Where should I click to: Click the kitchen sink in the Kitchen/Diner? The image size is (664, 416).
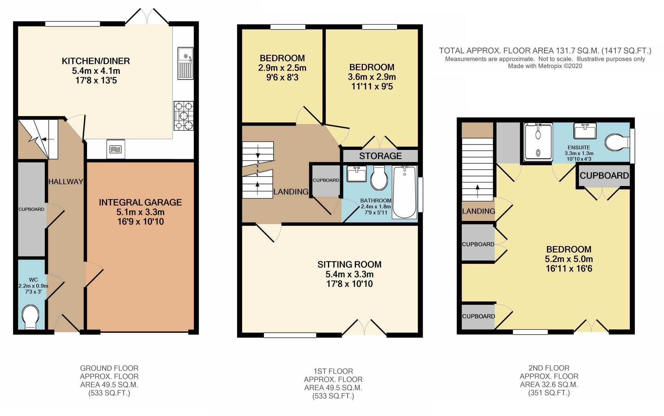coord(186,63)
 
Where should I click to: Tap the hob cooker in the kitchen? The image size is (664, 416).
coord(184,116)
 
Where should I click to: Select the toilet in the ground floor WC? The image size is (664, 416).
coord(30,317)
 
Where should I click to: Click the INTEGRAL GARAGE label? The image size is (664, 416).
coord(140,202)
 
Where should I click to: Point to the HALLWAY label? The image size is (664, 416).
coord(66,181)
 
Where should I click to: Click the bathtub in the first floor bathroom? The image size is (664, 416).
coord(404,192)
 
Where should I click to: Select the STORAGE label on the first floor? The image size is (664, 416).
coord(380,156)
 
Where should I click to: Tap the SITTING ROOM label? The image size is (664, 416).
coord(349,264)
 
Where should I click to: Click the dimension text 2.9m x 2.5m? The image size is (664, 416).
coord(282,68)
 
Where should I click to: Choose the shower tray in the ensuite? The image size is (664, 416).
coord(538,142)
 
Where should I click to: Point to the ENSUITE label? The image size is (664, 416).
coord(579,148)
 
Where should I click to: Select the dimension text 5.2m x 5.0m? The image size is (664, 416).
coord(569,259)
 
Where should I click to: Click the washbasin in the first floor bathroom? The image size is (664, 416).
coord(357,174)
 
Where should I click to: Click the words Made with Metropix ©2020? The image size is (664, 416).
coord(545,66)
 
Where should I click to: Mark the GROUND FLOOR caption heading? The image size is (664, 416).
coord(109,368)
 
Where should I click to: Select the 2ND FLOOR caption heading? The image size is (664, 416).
coord(549,368)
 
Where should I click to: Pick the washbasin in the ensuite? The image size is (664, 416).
coord(585,131)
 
